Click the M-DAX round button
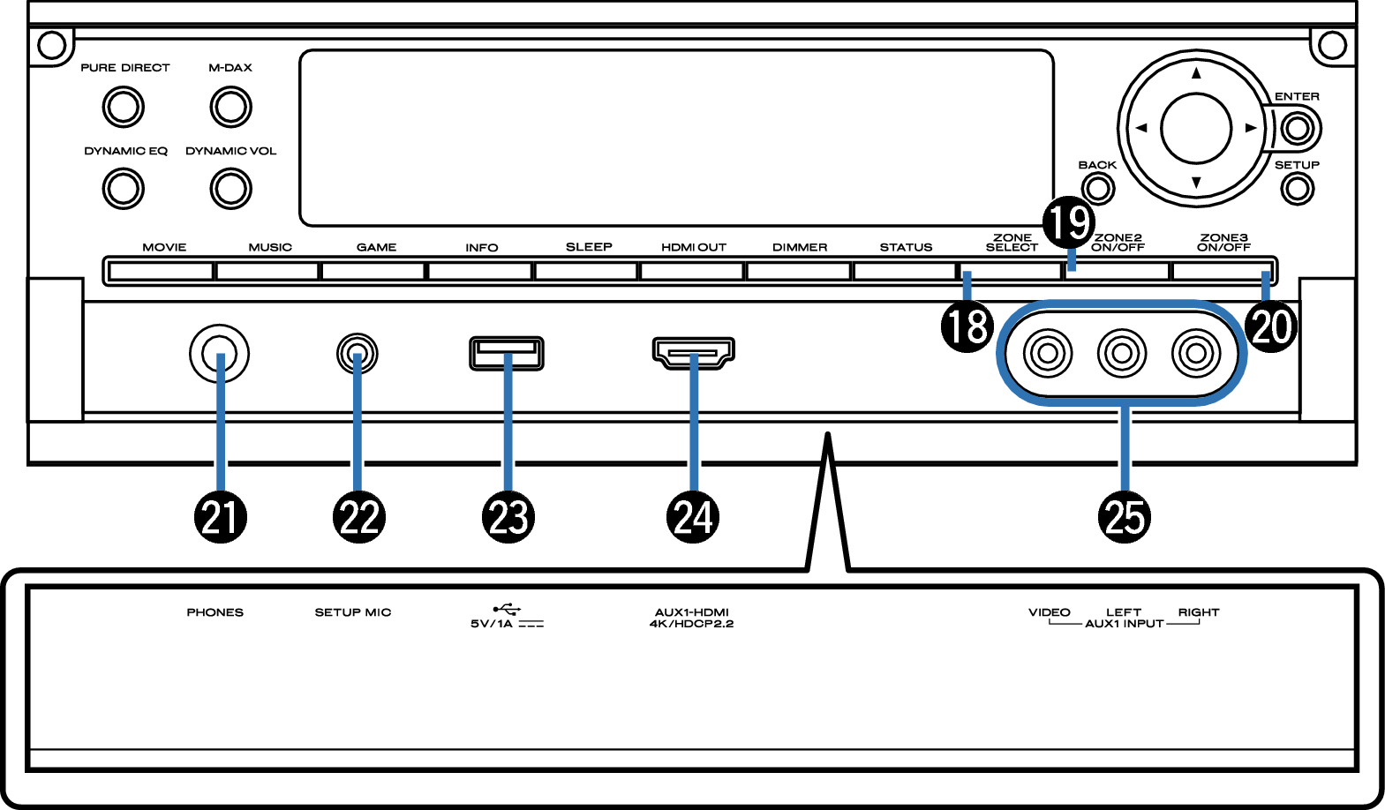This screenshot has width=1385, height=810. [230, 107]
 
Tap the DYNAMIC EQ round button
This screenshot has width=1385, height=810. [123, 188]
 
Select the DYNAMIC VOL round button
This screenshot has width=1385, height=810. [230, 188]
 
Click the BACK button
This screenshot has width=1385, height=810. [1097, 188]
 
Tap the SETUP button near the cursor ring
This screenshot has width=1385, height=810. [1297, 188]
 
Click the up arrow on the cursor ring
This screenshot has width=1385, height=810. [1196, 73]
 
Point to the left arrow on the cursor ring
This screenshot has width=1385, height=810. [1141, 128]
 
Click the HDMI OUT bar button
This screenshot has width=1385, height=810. [693, 270]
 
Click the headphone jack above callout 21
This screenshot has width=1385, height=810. [220, 354]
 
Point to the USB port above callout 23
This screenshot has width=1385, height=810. [507, 353]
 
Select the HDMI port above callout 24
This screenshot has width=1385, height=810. [693, 352]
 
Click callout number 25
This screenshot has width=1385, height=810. [1125, 517]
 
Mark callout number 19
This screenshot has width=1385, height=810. [1069, 222]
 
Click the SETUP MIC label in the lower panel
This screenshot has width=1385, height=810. [352, 612]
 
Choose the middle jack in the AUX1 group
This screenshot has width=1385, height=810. [1122, 354]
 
